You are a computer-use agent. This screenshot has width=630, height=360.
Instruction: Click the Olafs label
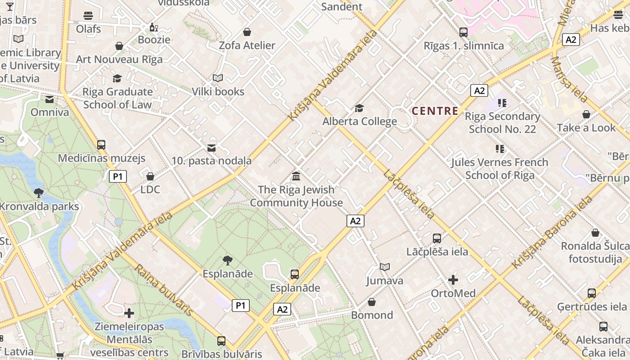tap(88, 29)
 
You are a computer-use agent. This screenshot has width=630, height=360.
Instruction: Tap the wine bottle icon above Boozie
tap(154, 27)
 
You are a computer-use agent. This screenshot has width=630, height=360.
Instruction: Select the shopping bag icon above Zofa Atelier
tap(247, 32)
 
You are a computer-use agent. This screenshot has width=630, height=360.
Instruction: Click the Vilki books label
tap(218, 92)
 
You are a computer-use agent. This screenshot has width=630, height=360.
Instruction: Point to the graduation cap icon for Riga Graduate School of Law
tap(117, 79)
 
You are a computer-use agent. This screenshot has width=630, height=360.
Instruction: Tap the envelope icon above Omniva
tap(49, 99)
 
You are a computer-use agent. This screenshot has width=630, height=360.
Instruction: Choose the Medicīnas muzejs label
tap(102, 158)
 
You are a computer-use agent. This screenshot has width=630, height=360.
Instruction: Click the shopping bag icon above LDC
tap(150, 176)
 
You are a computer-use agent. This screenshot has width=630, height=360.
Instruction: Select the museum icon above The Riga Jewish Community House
tap(296, 176)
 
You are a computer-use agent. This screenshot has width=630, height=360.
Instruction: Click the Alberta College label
tap(360, 121)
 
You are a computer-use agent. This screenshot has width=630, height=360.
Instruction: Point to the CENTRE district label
tap(435, 111)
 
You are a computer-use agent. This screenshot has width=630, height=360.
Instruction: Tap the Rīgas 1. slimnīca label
tap(463, 46)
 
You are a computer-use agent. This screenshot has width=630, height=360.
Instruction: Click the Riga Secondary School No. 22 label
tap(502, 123)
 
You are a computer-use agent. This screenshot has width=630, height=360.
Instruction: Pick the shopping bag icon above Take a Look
tap(586, 115)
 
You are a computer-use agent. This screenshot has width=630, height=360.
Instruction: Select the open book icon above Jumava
tap(384, 267)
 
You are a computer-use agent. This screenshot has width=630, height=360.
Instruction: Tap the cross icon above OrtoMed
tap(453, 280)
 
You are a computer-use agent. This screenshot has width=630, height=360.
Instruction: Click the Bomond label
tap(372, 315)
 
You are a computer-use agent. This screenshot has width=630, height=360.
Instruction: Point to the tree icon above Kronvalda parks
tap(39, 193)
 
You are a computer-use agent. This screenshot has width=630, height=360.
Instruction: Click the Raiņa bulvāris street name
tap(164, 290)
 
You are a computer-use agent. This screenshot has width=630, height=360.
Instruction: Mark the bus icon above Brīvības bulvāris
tap(221, 341)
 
